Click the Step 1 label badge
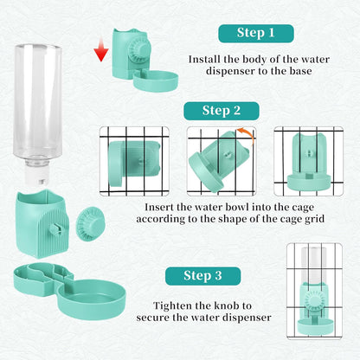pyautogui.click(x=256, y=34)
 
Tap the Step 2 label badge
pyautogui.click(x=222, y=111)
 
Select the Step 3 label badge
pyautogui.click(x=202, y=276)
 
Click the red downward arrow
pyautogui.click(x=101, y=50)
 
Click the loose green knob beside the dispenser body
pyautogui.click(x=91, y=224)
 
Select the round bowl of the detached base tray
pyautogui.click(x=92, y=299)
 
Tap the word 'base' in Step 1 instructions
pyautogui.click(x=300, y=71)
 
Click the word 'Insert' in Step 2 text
pyautogui.click(x=159, y=207)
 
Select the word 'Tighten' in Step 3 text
pyautogui.click(x=172, y=305)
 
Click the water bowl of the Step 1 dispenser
pyautogui.click(x=156, y=80)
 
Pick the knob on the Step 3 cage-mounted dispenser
pyautogui.click(x=315, y=303)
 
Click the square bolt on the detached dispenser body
pyautogui.click(x=56, y=228)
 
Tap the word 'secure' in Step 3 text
pyautogui.click(x=153, y=318)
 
